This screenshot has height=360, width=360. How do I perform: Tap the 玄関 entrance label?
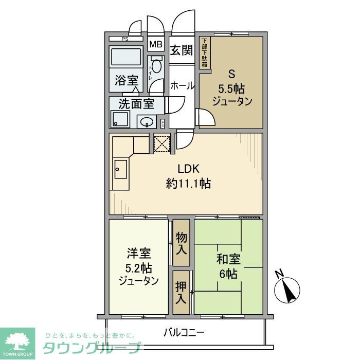coord(182,50)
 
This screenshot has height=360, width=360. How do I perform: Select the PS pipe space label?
coord(125,40)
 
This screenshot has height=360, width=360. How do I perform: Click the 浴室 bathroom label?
coord(127,80)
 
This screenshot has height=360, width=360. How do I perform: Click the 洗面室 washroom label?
coord(136,103)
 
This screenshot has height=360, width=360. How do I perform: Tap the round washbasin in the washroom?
coord(148,122)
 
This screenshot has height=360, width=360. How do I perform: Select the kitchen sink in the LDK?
coord(120,169)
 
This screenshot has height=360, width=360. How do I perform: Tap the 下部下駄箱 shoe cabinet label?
coord(204,53)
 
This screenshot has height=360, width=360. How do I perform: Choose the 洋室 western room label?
coord(138,254)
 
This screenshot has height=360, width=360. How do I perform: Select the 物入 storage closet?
coord(181,242)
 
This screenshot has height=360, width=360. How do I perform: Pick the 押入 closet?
coord(181,292)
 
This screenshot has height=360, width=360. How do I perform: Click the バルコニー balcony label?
coord(184,332)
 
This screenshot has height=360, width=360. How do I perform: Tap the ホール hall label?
coord(182,86)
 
